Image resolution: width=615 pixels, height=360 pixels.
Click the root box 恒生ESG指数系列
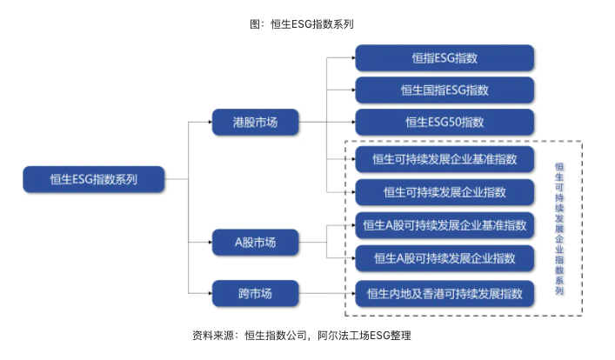[93, 179]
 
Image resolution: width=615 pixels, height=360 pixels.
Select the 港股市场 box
[255, 123]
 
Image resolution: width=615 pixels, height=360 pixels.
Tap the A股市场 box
[255, 242]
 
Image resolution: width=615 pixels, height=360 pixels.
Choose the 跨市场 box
[255, 293]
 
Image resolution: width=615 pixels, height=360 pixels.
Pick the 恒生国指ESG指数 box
[445, 90]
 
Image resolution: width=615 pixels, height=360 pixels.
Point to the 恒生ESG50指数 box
[445, 122]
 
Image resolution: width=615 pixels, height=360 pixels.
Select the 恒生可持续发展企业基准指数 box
[445, 159]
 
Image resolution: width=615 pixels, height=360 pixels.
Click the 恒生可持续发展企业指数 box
[445, 191]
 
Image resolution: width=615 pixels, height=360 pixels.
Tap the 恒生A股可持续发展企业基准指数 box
[445, 225]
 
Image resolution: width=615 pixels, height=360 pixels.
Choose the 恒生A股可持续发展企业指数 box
[445, 258]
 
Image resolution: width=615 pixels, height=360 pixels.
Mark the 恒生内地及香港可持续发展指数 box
[445, 293]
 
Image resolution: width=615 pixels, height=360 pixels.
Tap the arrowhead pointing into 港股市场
[210, 123]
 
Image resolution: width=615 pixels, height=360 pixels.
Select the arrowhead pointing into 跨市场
[210, 293]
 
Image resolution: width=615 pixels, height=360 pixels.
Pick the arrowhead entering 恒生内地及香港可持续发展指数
[353, 293]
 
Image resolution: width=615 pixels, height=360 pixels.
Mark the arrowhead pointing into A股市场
[210, 242]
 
